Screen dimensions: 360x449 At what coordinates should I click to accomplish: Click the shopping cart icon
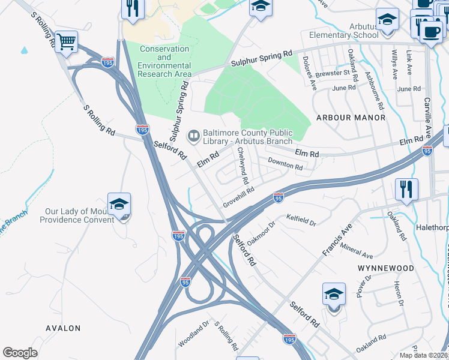click(x=67, y=41)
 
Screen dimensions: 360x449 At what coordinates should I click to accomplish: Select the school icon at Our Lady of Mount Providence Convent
click(x=119, y=205)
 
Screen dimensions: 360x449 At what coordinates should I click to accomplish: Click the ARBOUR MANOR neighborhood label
click(x=351, y=118)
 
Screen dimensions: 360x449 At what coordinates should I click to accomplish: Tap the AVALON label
click(x=63, y=328)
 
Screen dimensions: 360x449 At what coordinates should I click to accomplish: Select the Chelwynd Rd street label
click(x=243, y=167)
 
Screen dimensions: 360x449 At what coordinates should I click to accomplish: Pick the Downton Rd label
click(x=285, y=164)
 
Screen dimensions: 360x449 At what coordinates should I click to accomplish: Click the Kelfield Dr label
click(x=301, y=220)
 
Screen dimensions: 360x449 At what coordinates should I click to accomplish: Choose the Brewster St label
click(x=334, y=73)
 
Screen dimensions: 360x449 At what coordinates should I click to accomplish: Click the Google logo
click(x=20, y=353)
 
